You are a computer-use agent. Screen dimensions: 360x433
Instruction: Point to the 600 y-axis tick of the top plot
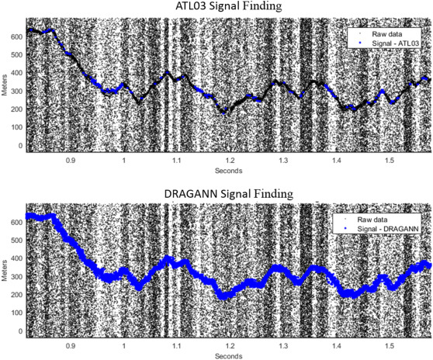coord(16,36)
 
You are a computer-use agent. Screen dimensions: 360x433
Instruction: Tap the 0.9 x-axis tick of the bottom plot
coord(71,346)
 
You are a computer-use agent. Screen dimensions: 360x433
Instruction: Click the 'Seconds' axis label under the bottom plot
coord(229,355)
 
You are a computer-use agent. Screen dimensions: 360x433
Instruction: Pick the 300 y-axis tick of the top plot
coord(16,91)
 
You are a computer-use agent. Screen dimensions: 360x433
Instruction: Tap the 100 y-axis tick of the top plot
coord(16,127)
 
